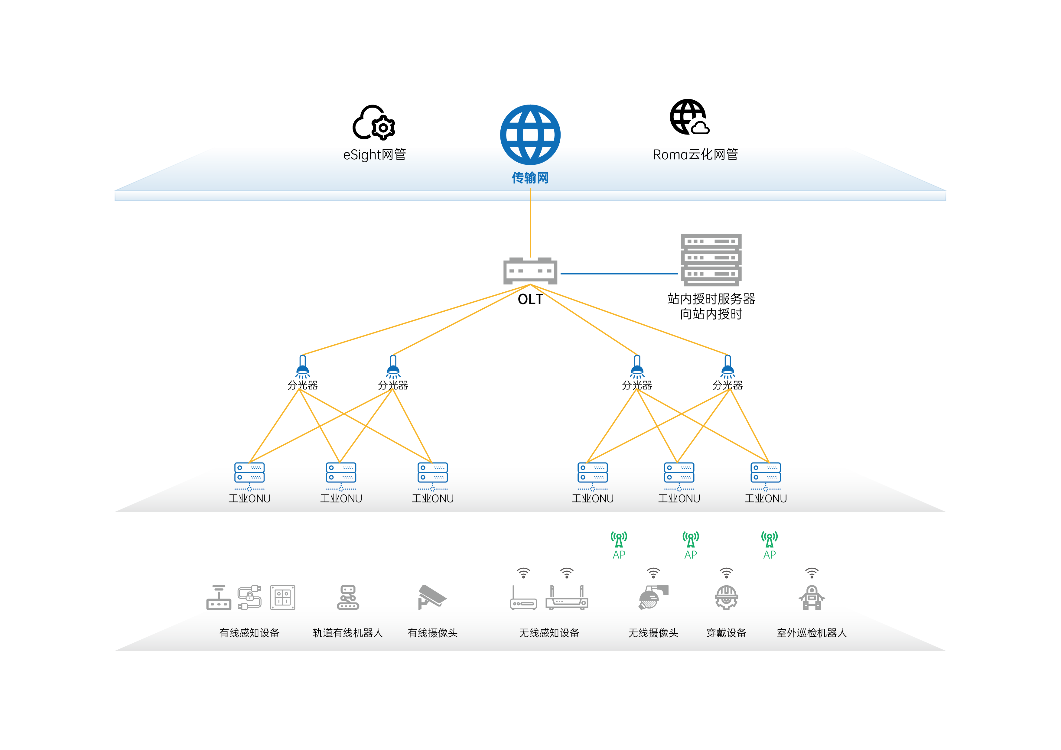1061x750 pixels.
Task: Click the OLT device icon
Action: (530, 271)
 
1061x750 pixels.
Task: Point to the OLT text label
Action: (530, 300)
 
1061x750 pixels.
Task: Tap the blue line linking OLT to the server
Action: (619, 274)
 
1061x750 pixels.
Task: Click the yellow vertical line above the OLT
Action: (530, 222)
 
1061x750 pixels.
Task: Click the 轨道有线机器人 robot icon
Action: (348, 598)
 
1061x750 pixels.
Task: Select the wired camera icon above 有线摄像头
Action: (431, 597)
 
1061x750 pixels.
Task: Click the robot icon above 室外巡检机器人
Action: (812, 598)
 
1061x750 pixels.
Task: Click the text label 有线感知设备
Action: (249, 633)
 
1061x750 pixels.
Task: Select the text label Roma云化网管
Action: (695, 155)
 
